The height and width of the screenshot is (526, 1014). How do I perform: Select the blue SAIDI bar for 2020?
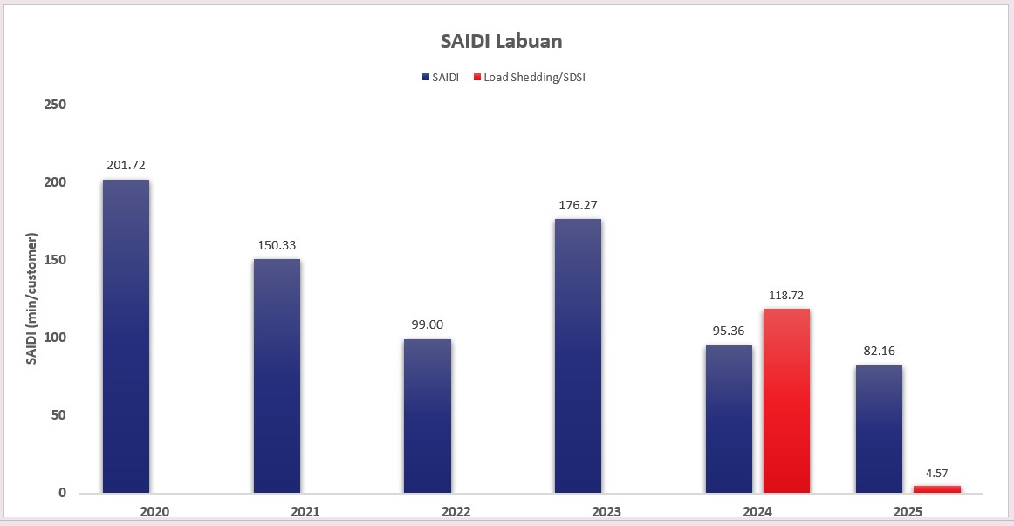(126, 336)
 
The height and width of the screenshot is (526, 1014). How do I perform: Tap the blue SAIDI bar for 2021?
(277, 375)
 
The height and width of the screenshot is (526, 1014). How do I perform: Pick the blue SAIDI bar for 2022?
(428, 415)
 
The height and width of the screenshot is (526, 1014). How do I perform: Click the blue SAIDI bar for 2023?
(578, 355)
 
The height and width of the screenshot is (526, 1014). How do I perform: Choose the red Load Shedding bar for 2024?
(786, 400)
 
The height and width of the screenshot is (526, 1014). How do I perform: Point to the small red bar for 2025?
(936, 489)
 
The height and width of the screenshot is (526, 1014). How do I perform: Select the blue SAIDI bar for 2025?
(879, 429)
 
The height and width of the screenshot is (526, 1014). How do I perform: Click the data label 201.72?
(126, 165)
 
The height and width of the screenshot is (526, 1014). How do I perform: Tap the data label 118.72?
(786, 295)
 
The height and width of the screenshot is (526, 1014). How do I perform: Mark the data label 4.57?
(937, 473)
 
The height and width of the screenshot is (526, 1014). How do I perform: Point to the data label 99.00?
(428, 324)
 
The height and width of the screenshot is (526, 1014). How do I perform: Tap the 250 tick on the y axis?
(55, 105)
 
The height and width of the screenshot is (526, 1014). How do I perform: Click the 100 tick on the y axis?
(55, 338)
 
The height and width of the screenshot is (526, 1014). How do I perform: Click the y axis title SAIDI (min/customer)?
(32, 298)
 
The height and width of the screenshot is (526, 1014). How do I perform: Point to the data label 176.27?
(578, 205)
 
